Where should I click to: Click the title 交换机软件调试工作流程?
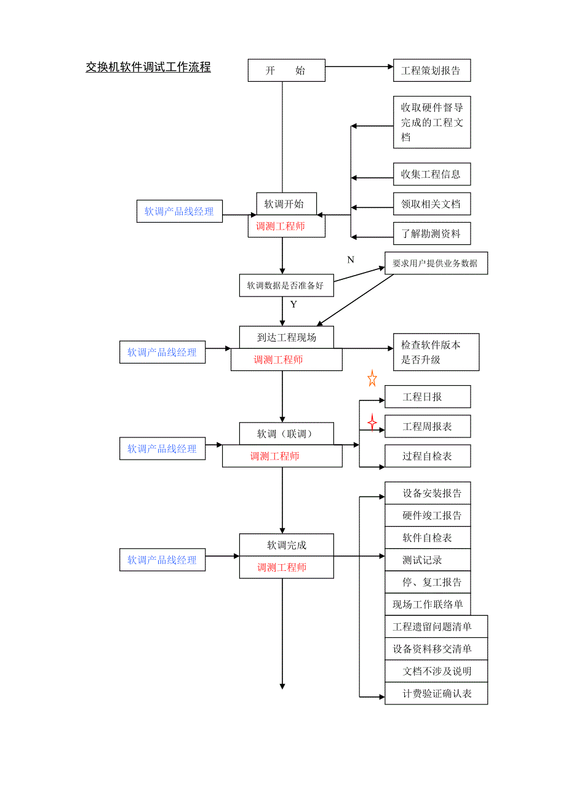tap(148, 68)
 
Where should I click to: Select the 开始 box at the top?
tap(286, 70)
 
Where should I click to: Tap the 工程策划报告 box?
tap(431, 70)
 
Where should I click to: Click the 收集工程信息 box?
tap(431, 174)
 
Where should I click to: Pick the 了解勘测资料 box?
tap(431, 234)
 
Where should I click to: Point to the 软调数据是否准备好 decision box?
tap(285, 285)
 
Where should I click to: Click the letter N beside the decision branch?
tap(351, 260)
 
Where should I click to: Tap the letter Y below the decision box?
tap(293, 305)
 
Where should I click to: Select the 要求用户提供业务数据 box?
tap(436, 263)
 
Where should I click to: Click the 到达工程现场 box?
tap(286, 337)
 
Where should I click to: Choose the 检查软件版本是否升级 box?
tap(436, 353)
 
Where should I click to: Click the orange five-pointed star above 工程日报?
tap(372, 378)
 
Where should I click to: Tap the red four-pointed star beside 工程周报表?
tap(372, 422)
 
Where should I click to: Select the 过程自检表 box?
tap(428, 456)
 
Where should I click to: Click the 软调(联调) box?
tap(286, 434)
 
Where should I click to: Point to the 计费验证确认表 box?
tap(436, 693)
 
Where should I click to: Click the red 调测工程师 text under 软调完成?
tap(282, 567)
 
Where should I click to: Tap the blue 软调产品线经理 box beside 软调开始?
tap(179, 211)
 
